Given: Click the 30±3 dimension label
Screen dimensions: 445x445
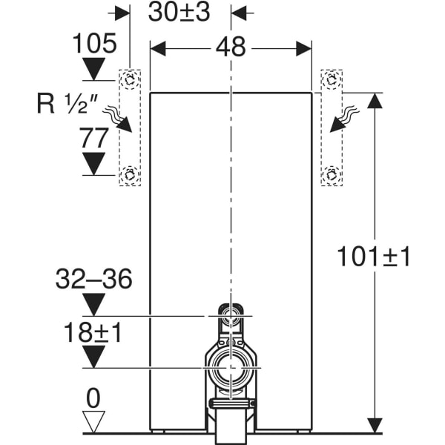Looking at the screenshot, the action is click(x=179, y=13).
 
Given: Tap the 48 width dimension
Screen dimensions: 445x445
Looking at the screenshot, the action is click(x=231, y=47).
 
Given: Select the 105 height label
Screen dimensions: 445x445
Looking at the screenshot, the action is click(x=94, y=43).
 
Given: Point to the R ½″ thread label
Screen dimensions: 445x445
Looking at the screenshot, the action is click(x=67, y=104).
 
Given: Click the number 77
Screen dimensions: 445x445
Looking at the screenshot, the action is click(x=94, y=138).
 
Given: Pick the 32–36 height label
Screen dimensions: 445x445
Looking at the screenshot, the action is click(x=94, y=279).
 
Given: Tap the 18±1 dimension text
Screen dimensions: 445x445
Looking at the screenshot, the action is click(x=93, y=332).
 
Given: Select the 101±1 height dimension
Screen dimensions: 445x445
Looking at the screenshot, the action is click(x=374, y=257).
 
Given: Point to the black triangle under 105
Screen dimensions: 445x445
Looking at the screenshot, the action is click(x=93, y=69).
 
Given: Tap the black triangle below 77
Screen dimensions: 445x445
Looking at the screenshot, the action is click(x=93, y=164).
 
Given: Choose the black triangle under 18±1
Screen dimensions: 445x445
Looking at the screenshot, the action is click(x=93, y=357).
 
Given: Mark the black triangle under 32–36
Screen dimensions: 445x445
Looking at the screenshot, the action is click(x=93, y=305).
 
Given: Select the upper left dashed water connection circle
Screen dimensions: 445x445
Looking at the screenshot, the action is click(x=130, y=79).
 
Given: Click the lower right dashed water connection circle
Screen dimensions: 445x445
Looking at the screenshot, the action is click(x=332, y=175).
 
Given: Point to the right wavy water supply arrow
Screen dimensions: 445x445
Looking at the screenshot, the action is click(x=343, y=119).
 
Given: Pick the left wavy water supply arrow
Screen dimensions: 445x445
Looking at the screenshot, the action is click(x=117, y=119).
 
